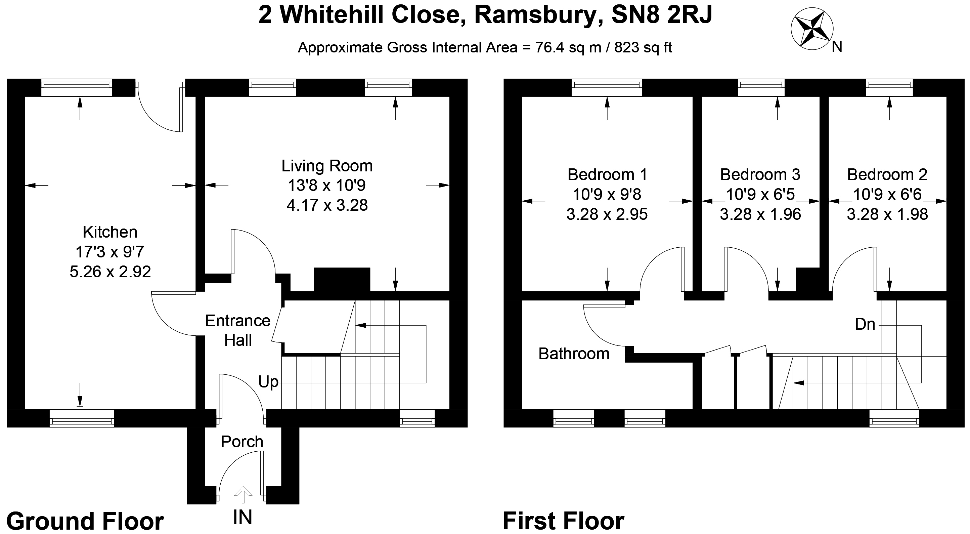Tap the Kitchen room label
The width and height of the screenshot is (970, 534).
click(110, 232)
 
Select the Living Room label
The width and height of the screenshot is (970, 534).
click(327, 166)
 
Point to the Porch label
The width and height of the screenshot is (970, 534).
click(242, 442)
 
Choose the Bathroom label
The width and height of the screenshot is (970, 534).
click(574, 354)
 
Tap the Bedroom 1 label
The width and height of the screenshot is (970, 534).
click(607, 174)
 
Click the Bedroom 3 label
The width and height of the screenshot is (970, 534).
click(760, 174)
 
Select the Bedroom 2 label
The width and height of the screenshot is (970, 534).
click(887, 174)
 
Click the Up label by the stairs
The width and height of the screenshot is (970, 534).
click(268, 382)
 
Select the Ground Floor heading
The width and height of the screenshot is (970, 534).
click(85, 521)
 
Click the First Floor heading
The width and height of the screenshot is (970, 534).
click(563, 521)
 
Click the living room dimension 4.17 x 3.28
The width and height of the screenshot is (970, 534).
click(327, 205)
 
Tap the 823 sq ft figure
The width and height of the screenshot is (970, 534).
click(643, 48)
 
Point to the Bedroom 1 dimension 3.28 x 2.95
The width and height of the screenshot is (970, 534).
click(607, 214)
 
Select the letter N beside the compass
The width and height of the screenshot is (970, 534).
click(837, 47)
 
